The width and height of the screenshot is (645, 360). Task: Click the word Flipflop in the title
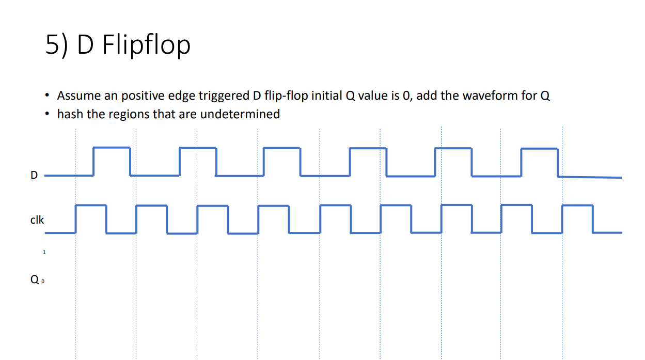[x=147, y=45]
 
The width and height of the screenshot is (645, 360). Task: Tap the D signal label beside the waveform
[x=34, y=175]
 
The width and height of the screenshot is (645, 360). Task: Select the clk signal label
[x=37, y=220]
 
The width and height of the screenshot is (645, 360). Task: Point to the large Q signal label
[x=35, y=280]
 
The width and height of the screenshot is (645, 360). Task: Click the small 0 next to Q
[x=43, y=282]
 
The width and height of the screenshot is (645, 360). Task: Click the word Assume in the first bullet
[x=76, y=96]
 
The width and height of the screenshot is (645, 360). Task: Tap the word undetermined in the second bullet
[x=240, y=114]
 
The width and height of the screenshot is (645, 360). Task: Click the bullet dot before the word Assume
[x=48, y=96]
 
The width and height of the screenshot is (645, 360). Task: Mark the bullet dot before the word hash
[x=48, y=114]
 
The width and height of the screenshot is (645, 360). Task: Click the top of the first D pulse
[x=112, y=148]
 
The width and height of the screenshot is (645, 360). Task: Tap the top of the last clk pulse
[x=577, y=206]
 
